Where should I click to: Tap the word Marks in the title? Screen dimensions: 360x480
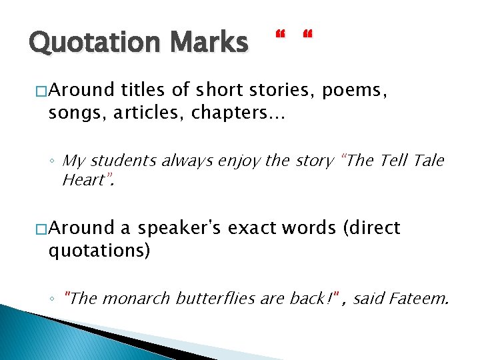209,43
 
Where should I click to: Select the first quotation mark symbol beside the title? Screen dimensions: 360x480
280,34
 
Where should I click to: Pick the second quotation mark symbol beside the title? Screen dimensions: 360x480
307,34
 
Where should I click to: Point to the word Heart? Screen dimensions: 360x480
83,179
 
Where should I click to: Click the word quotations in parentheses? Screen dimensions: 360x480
98,251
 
